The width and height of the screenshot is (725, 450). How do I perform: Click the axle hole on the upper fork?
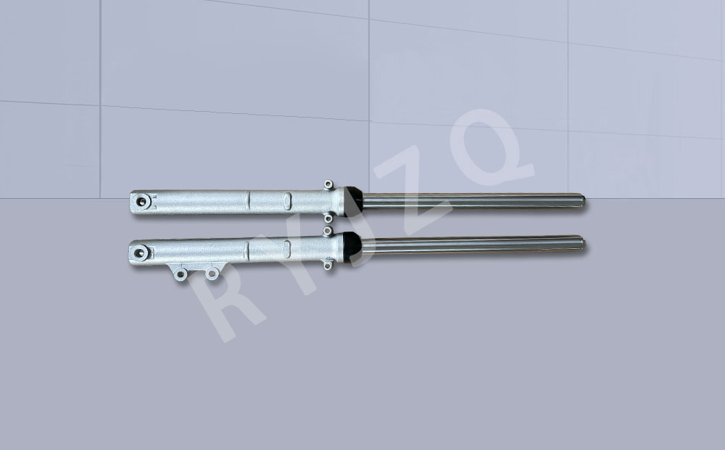pyautogui.click(x=141, y=201)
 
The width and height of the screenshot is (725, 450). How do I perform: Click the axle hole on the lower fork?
pyautogui.click(x=140, y=253)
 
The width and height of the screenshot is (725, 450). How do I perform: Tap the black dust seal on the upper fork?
pyautogui.click(x=353, y=201)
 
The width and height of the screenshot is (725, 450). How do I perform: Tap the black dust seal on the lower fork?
pyautogui.click(x=352, y=247)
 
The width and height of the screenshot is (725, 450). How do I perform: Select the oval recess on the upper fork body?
pyautogui.click(x=288, y=201)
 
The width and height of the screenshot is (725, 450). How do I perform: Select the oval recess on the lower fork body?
pyautogui.click(x=286, y=249)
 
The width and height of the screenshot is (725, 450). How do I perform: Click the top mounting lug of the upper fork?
pyautogui.click(x=328, y=185)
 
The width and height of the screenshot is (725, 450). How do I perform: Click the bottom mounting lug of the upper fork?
pyautogui.click(x=328, y=218)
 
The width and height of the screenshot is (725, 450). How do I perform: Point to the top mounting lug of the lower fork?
pyautogui.click(x=328, y=231)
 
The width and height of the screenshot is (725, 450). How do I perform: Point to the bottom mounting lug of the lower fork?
pyautogui.click(x=328, y=265)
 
